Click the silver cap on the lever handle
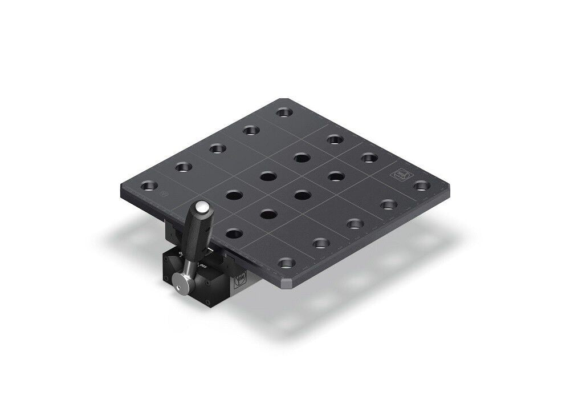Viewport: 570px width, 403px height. [x=202, y=206]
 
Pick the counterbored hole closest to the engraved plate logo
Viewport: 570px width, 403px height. [x=421, y=185]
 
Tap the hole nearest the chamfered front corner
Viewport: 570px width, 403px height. [x=287, y=263]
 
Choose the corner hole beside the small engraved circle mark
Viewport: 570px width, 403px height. [x=149, y=186]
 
